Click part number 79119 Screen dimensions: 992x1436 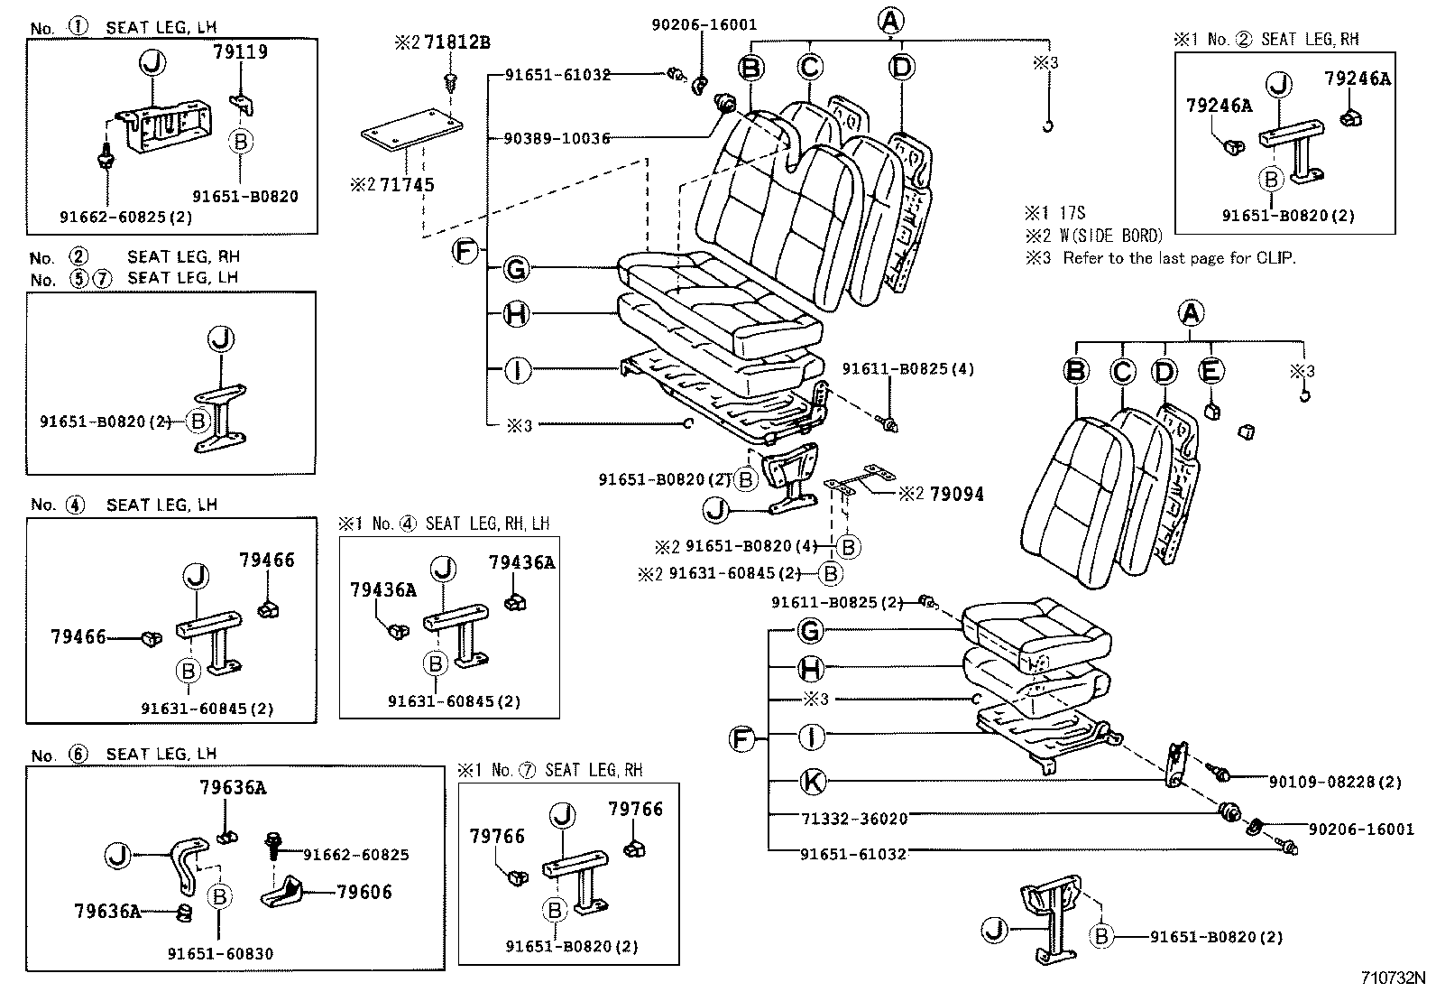point(240,52)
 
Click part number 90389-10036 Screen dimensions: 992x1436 point(557,138)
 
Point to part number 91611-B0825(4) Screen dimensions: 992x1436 point(907,369)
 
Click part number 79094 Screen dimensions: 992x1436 point(956,494)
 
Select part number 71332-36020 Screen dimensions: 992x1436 point(853,818)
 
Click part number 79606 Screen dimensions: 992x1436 point(364,892)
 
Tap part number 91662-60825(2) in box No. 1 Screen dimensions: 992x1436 point(125,218)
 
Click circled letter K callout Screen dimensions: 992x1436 point(813,782)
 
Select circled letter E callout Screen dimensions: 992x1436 point(1210,370)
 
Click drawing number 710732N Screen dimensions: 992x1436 point(1393,978)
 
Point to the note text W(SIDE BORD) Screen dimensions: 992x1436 point(1110,236)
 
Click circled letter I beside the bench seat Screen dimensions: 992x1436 point(517,370)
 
